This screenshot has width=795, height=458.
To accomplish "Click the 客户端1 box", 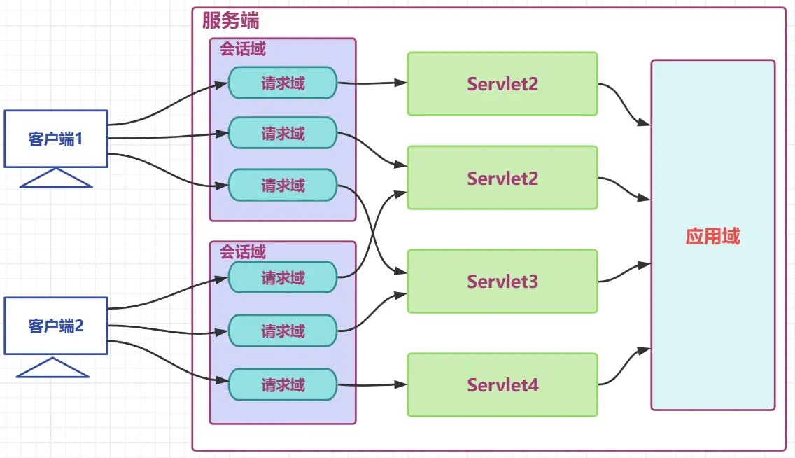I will [x=56, y=139].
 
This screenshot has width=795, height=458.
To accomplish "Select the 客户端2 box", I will [x=56, y=326].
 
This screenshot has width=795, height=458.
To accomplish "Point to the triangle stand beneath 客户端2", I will [x=53, y=368].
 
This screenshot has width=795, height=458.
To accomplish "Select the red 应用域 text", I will [x=712, y=236].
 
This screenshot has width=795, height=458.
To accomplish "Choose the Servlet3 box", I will [x=502, y=282].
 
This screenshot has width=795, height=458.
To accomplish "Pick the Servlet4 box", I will [x=502, y=385].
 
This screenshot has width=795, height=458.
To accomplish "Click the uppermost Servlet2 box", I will [x=502, y=84].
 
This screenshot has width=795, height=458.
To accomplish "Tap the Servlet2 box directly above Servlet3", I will [x=502, y=178].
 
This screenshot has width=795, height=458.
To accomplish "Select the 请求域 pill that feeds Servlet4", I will [x=283, y=384].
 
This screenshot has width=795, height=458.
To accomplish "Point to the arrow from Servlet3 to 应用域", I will [x=623, y=272].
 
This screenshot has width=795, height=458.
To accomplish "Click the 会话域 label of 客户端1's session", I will [x=243, y=50].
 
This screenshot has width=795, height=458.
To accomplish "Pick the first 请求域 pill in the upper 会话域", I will [x=283, y=83].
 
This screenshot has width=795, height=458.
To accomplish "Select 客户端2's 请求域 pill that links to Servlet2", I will [x=283, y=277].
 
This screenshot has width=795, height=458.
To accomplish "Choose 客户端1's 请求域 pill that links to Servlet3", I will [x=283, y=186].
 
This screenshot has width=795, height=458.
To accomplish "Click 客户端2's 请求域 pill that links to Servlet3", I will [x=283, y=331].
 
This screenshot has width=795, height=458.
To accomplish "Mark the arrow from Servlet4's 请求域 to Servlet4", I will [x=371, y=384].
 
